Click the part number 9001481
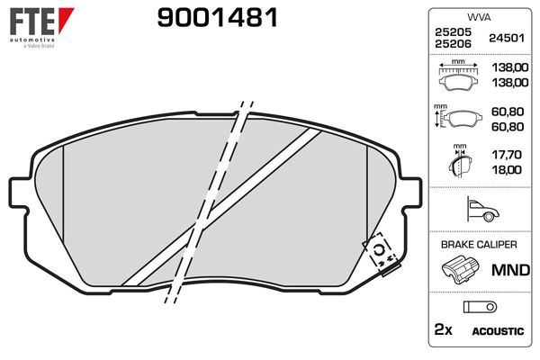tap(217, 17)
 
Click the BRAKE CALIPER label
tap(477, 245)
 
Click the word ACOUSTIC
tap(498, 331)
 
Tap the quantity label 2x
tap(444, 330)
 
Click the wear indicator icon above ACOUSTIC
tap(474, 306)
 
